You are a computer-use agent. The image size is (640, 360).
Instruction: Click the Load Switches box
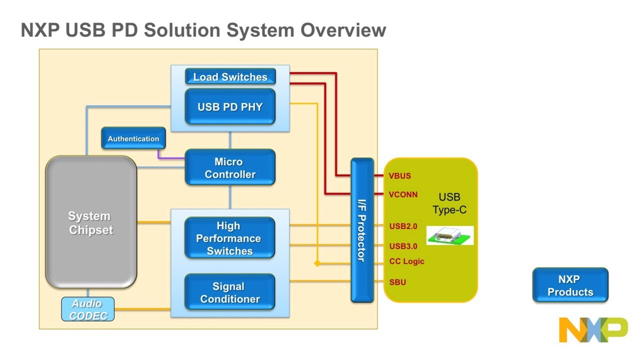pyautogui.click(x=230, y=76)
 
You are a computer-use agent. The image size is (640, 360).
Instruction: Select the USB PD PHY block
pyautogui.click(x=230, y=106)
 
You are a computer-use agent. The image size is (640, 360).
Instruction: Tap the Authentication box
pyautogui.click(x=133, y=138)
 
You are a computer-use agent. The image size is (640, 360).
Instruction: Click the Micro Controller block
pyautogui.click(x=230, y=168)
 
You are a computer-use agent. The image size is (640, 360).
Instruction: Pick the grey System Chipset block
pyautogui.click(x=91, y=222)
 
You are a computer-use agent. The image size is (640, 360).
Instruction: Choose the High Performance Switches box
pyautogui.click(x=230, y=238)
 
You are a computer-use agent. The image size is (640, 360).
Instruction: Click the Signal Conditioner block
pyautogui.click(x=230, y=292)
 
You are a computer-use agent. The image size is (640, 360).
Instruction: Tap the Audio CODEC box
pyautogui.click(x=87, y=309)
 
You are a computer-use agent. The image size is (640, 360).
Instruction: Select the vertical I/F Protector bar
pyautogui.click(x=362, y=230)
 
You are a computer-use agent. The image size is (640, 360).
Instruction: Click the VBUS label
pyautogui.click(x=399, y=176)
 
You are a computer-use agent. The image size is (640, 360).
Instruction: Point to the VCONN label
pyautogui.click(x=403, y=194)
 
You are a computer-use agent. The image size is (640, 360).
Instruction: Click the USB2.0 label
pyautogui.click(x=403, y=226)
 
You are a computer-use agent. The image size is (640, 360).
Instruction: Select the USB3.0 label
pyautogui.click(x=403, y=246)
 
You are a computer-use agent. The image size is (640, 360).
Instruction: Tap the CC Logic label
pyautogui.click(x=406, y=261)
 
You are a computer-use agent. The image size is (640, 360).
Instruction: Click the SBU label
pyautogui.click(x=397, y=282)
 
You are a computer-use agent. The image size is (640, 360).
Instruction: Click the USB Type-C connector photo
pyautogui.click(x=449, y=235)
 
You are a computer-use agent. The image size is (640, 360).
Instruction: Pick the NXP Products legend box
pyautogui.click(x=570, y=285)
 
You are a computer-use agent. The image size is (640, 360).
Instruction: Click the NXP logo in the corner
pyautogui.click(x=593, y=329)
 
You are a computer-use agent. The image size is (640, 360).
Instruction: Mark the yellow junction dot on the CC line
pyautogui.click(x=317, y=263)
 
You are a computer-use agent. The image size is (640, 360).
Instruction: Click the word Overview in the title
pyautogui.click(x=343, y=30)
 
